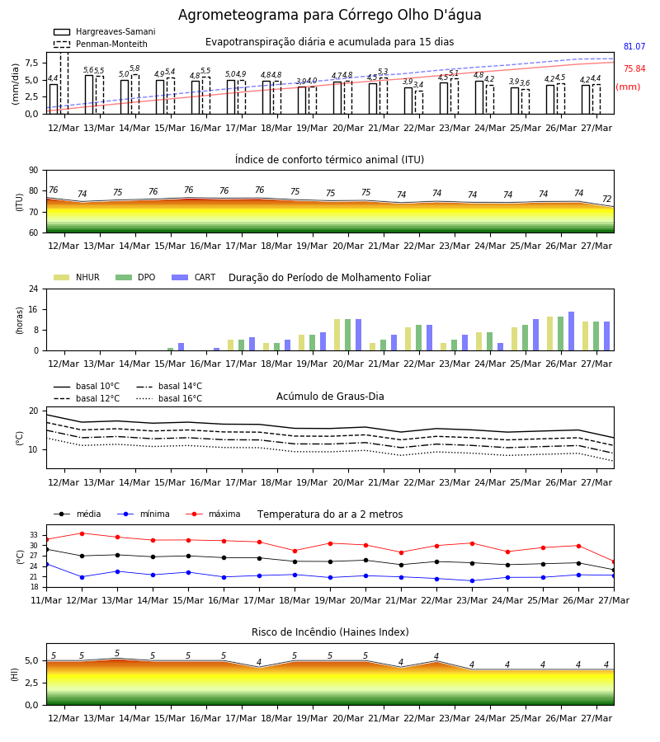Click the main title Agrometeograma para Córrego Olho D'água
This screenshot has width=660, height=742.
pos(329,15)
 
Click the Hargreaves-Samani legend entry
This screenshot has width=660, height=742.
pos(104,31)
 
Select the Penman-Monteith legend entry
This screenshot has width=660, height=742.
pos(101,44)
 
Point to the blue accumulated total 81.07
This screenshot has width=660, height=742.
pos(634,46)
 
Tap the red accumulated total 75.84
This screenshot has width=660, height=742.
pos(634,68)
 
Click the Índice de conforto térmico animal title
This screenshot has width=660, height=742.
pos(329,159)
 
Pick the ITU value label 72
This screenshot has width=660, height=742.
pos(606,199)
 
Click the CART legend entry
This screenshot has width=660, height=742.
pos(194,277)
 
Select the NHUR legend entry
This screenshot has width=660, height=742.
pos(77,277)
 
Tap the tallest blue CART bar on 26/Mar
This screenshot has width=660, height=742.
pos(572,331)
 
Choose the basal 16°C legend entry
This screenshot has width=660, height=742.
pos(169,398)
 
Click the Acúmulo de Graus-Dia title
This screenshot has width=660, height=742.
pos(330,396)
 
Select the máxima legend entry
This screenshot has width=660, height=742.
pos(213,514)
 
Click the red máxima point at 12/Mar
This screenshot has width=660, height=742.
pos(82,533)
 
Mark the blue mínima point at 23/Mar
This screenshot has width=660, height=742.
pos(472,580)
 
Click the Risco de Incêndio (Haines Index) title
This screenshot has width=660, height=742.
pos(330,632)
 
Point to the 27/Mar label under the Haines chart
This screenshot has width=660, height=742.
pos(596,718)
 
